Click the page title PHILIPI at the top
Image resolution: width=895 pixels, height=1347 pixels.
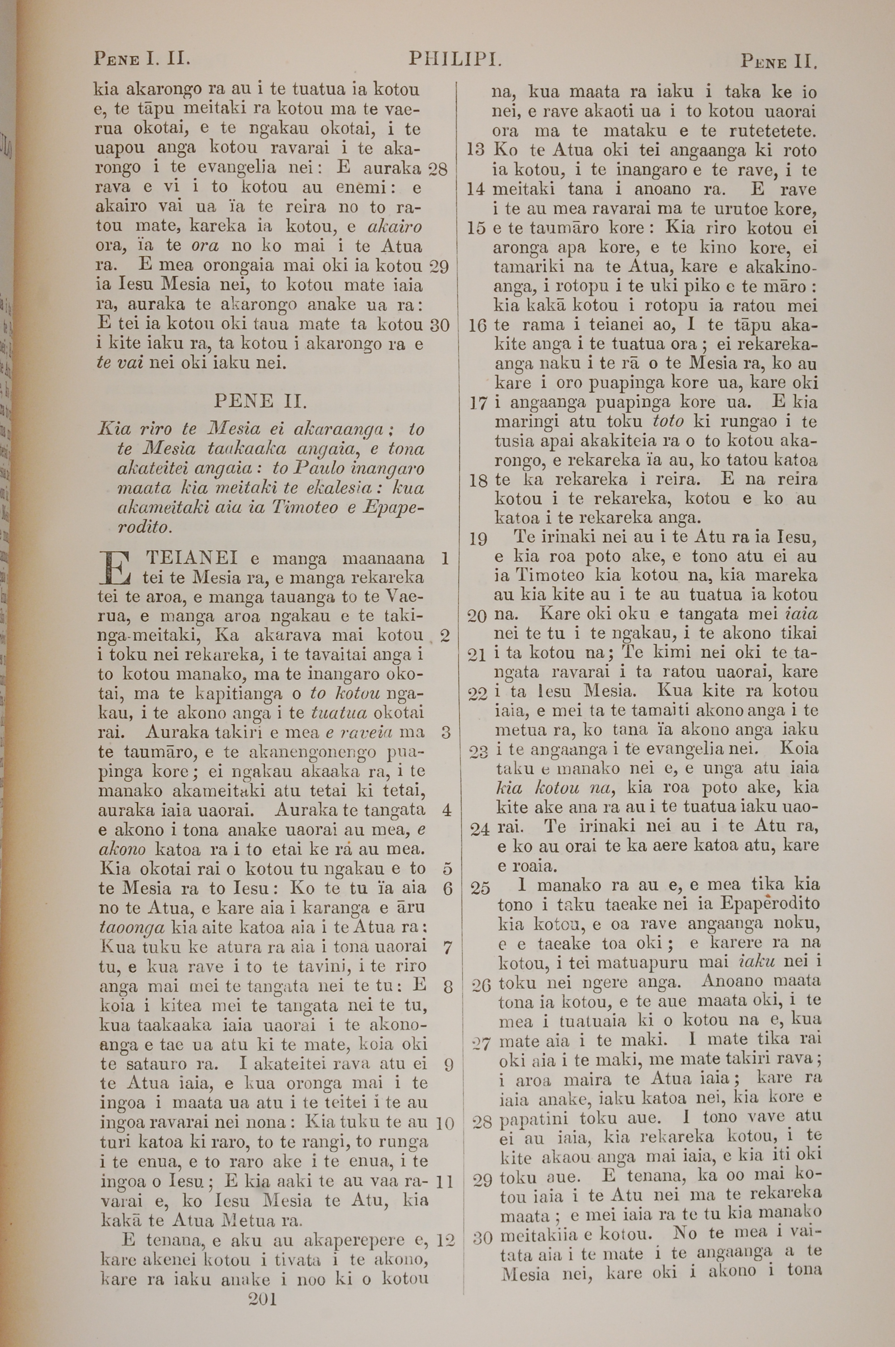tap(455, 59)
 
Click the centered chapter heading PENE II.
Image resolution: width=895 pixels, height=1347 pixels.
tap(260, 401)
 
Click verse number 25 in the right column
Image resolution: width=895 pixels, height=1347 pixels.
tap(481, 888)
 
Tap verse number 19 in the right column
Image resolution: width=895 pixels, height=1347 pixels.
tap(477, 538)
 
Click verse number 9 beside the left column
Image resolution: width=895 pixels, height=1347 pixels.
tap(447, 1065)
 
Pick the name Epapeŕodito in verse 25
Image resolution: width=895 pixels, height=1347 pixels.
tap(770, 905)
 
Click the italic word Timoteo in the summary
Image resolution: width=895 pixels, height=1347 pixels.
tap(305, 508)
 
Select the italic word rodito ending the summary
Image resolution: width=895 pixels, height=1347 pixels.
tap(145, 527)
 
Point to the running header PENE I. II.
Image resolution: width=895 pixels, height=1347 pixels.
tap(141, 59)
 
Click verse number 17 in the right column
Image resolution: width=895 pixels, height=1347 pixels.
tap(477, 404)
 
